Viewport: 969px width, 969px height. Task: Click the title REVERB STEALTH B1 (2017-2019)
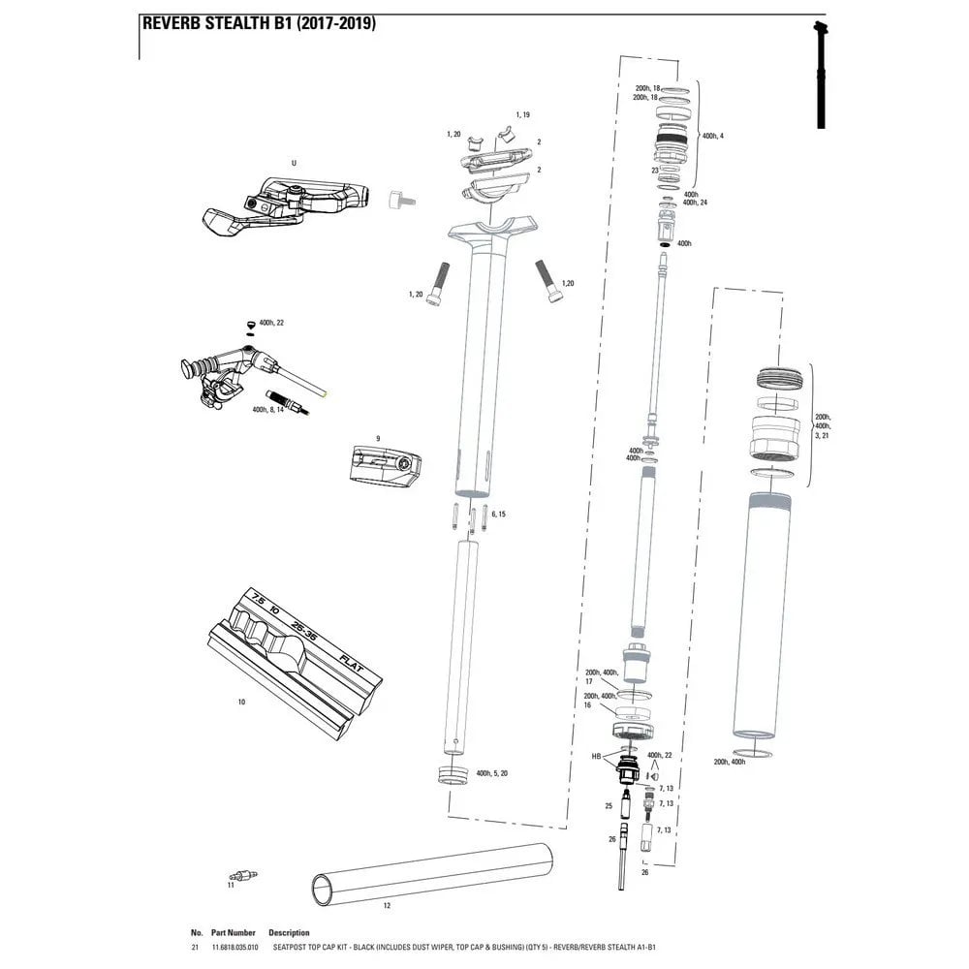pos(258,24)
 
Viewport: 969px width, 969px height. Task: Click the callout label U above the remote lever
pos(293,163)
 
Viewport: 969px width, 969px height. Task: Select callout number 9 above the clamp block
pos(378,438)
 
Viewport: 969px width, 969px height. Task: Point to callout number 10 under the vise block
pos(241,699)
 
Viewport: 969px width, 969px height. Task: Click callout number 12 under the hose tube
pos(387,906)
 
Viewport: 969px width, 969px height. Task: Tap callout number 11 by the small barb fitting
pos(231,885)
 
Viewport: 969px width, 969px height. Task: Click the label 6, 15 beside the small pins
pos(498,514)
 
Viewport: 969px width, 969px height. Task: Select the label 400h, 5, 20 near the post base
pos(492,773)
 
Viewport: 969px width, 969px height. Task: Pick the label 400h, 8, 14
pos(267,410)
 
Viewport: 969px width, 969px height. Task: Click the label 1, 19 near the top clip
pos(522,114)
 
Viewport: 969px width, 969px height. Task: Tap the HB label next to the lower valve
pos(597,754)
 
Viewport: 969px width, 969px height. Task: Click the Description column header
pos(289,932)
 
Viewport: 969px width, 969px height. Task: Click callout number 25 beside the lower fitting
pos(609,805)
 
